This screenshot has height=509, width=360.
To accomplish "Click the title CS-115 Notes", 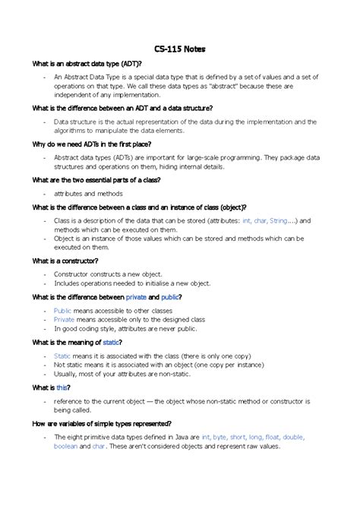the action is point(180,49).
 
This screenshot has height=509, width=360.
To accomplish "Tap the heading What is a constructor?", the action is point(65,261).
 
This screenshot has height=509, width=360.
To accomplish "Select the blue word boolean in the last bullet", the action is point(65,447).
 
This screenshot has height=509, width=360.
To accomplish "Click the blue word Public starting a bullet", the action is point(62,311).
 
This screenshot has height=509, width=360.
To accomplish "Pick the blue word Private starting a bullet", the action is point(64,320).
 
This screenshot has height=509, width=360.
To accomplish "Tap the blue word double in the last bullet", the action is point(293,438).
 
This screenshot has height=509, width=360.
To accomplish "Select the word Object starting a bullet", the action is point(66,238).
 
